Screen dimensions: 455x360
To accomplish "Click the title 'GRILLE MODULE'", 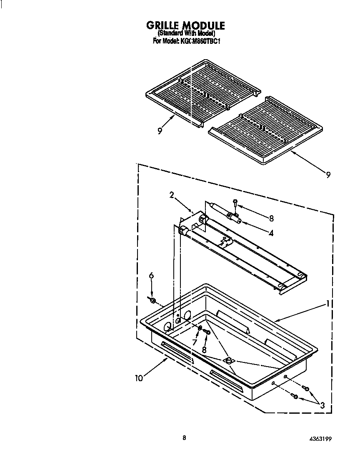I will tap(185, 26).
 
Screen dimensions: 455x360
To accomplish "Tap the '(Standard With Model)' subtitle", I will tap(186, 34).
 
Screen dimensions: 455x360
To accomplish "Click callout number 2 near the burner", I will tap(171, 195).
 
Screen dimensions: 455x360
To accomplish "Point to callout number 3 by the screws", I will tap(321, 404).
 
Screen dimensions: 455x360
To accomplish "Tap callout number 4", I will tap(271, 233).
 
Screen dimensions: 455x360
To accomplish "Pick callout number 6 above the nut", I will tap(152, 276).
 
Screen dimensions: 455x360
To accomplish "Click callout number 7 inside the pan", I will tap(194, 342).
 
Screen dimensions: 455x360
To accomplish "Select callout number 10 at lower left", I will tap(139, 378).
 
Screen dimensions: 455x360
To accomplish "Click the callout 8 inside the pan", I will tap(204, 349).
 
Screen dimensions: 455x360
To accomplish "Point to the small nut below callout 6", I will tap(152, 300).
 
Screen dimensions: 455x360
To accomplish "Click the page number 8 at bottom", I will tap(184, 437).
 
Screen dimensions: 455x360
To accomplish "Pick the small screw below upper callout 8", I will tap(235, 203).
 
